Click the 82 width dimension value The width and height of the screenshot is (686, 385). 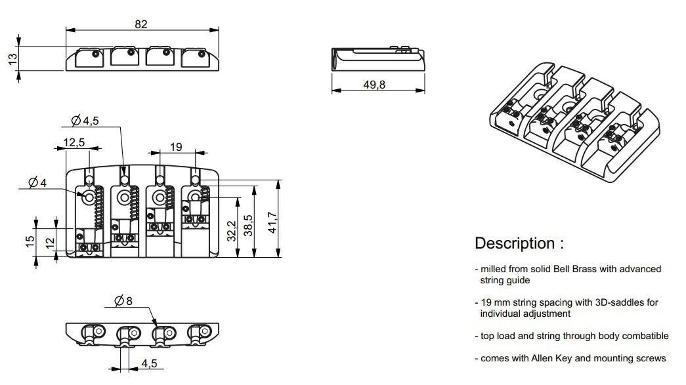(140, 24)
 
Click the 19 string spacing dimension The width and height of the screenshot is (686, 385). (176, 147)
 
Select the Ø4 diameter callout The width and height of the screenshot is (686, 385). (37, 183)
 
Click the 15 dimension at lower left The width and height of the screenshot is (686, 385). (30, 241)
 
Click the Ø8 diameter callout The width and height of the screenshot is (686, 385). (123, 301)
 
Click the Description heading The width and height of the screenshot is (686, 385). (519, 243)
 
